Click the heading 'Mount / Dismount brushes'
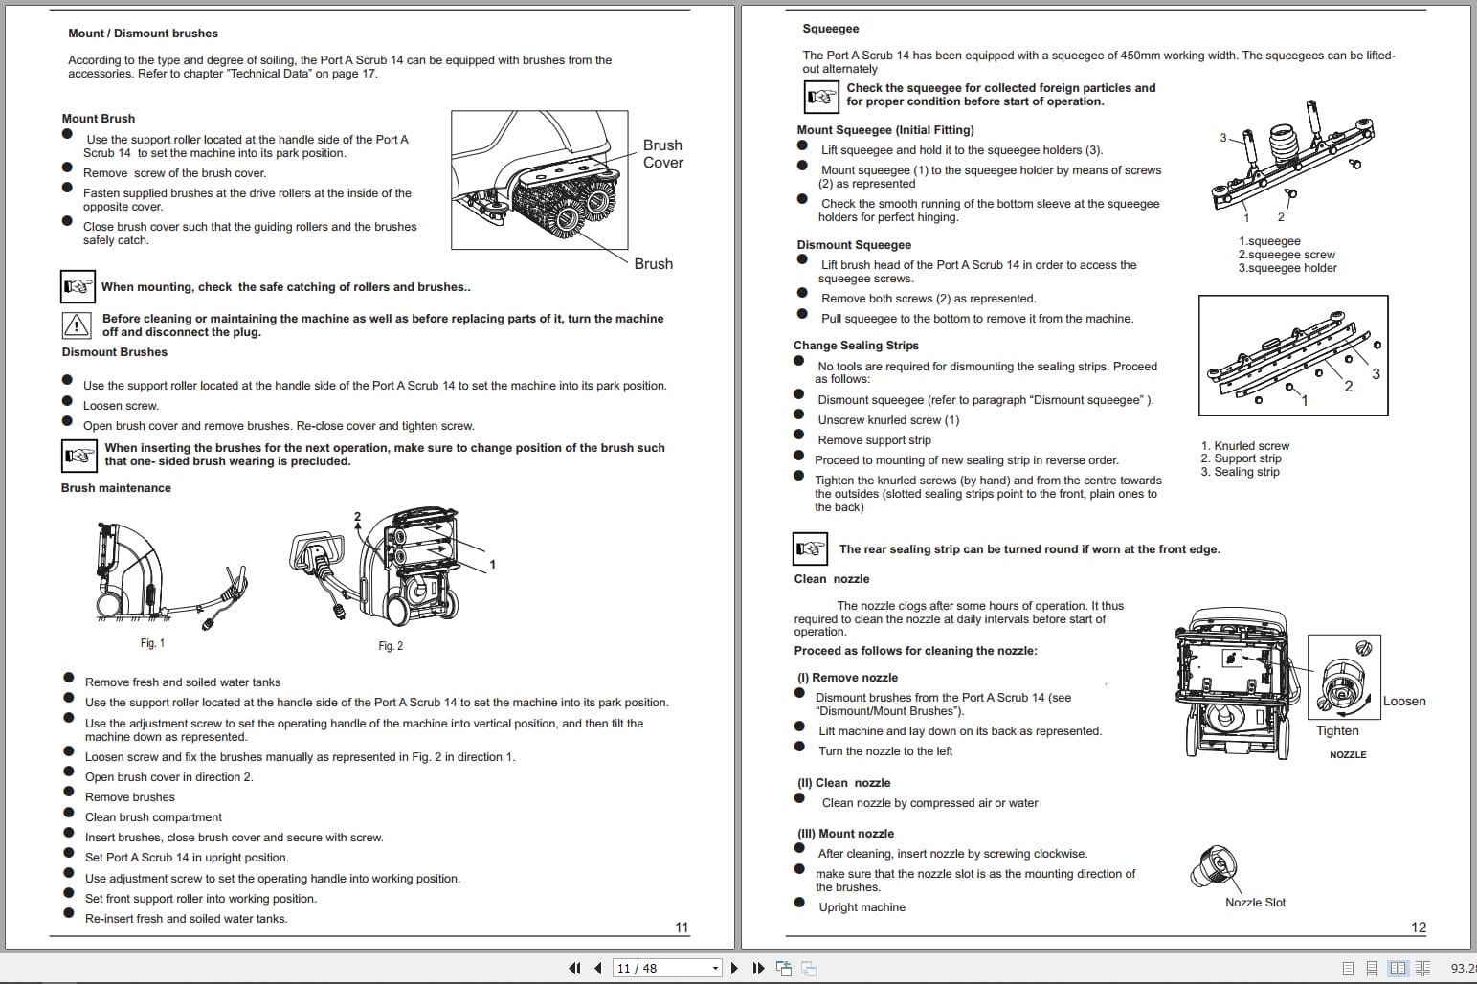(x=143, y=34)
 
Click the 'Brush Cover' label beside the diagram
(x=662, y=154)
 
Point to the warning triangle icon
(x=76, y=325)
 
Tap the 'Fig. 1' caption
(x=152, y=643)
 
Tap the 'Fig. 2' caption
(x=391, y=646)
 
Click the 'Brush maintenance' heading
(x=116, y=488)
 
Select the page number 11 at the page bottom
(x=682, y=928)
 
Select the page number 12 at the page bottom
(x=1418, y=928)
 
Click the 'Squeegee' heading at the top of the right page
(x=830, y=29)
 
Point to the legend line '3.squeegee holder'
(x=1287, y=268)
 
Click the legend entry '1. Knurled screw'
(x=1244, y=446)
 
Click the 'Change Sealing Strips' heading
(x=856, y=346)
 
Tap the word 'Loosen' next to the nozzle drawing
(x=1403, y=702)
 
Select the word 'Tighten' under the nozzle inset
(x=1336, y=731)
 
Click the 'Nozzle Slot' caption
(x=1255, y=903)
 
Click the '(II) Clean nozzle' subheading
(x=843, y=783)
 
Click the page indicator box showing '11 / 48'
(x=665, y=969)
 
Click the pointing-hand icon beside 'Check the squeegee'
(x=820, y=97)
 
